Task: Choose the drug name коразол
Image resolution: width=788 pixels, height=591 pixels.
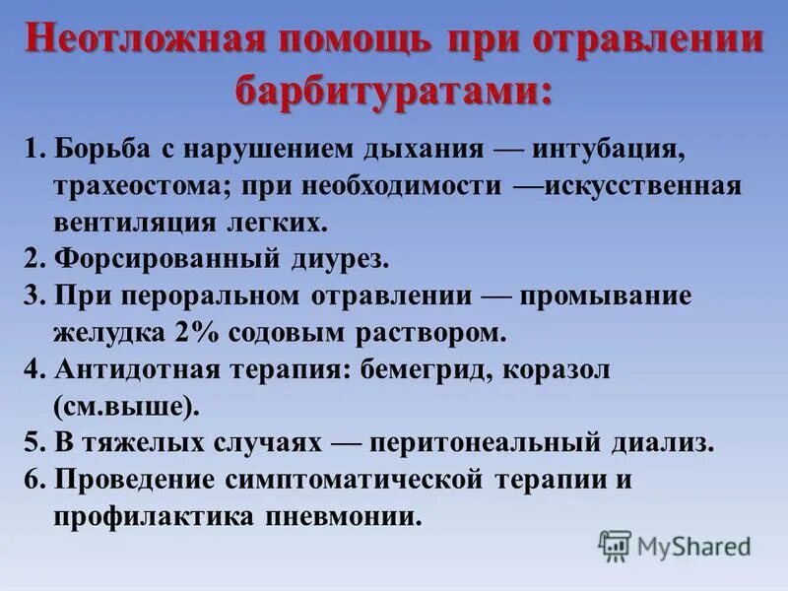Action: coord(563,368)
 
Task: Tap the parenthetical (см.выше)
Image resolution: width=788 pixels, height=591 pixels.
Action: coord(121,405)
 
